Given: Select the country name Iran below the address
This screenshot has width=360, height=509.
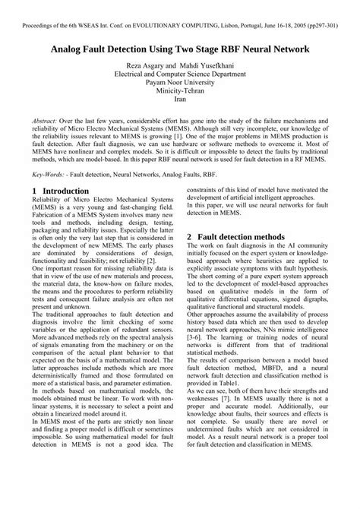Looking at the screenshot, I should coord(179,109).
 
